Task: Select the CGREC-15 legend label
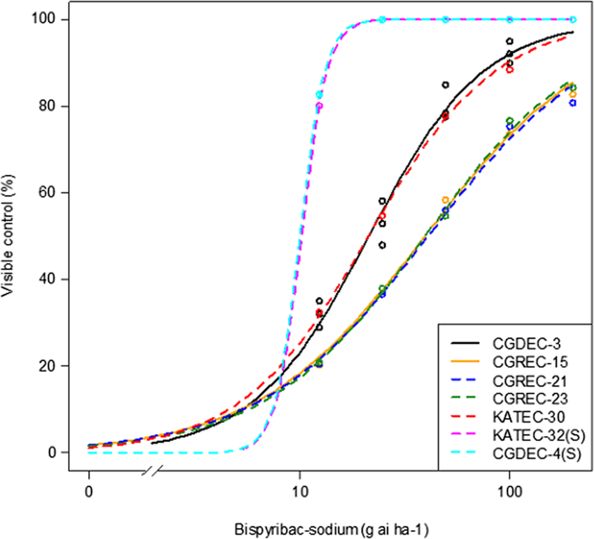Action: point(522,362)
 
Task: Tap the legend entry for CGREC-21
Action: point(522,380)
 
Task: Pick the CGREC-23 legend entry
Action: point(522,399)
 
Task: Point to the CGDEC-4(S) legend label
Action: point(529,454)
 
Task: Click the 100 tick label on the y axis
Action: point(47,20)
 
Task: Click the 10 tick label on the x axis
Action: point(299,492)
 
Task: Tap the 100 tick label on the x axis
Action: point(509,492)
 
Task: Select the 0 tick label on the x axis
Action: point(89,492)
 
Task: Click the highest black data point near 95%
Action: point(509,41)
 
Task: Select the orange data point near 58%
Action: point(446,200)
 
